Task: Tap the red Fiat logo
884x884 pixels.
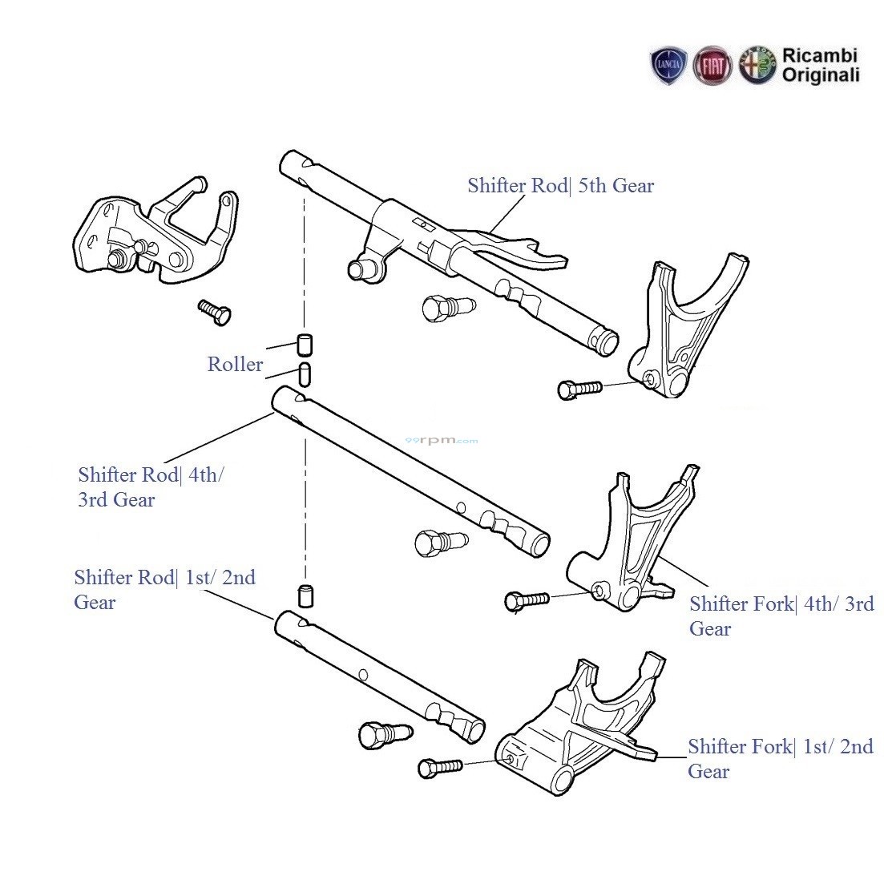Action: (x=712, y=66)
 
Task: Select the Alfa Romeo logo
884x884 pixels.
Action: (x=757, y=66)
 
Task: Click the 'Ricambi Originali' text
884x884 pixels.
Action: (x=820, y=66)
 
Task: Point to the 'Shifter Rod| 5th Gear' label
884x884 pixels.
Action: (x=561, y=186)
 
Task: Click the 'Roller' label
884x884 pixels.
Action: (x=235, y=365)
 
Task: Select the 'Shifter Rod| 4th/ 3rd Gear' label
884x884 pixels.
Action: (x=151, y=487)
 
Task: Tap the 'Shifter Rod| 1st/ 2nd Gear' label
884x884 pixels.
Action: (x=164, y=590)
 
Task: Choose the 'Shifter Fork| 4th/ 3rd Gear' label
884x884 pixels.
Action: (x=781, y=616)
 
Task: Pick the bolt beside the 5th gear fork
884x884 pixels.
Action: (x=579, y=389)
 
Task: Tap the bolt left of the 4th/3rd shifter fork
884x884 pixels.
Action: (x=527, y=599)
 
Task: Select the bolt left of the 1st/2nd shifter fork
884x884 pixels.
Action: (x=440, y=767)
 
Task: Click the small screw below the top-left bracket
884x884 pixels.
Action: (x=214, y=311)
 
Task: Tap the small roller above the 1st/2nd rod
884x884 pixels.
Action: (x=305, y=595)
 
